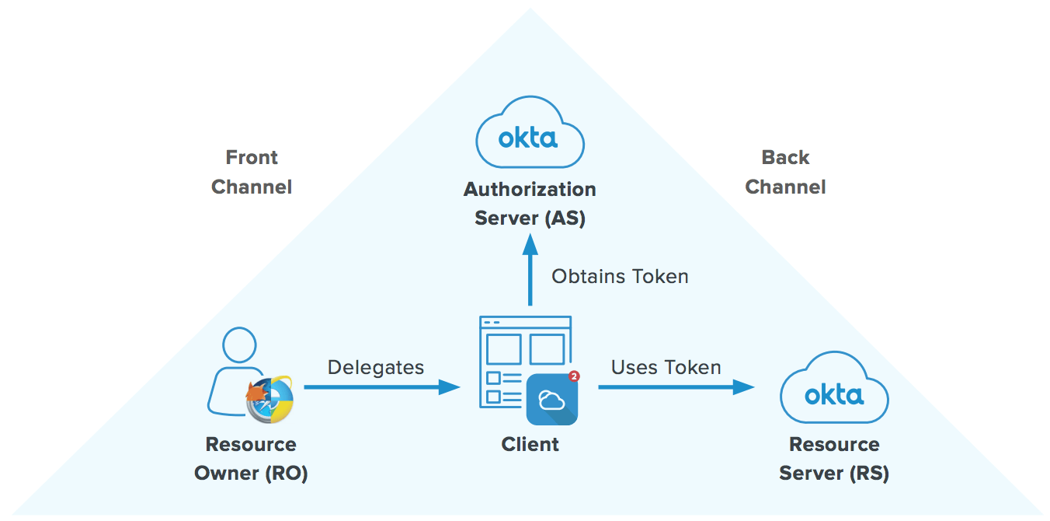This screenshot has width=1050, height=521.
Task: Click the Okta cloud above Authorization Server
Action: point(530,137)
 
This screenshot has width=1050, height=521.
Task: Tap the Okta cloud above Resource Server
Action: point(833,393)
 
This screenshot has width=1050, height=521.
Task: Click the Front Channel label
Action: point(252,172)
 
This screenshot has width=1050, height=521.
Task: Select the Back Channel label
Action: point(785,172)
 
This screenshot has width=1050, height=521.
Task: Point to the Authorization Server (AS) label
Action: point(530,203)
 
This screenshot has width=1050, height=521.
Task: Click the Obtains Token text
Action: point(620,276)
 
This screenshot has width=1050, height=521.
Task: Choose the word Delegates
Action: point(376,367)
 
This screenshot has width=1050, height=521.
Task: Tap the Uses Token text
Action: point(666,367)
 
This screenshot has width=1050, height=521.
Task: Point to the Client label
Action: point(530,445)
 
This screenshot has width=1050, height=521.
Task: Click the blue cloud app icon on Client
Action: point(551,400)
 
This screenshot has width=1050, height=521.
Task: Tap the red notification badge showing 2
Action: point(574,376)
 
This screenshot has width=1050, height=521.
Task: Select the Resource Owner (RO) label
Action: point(251,459)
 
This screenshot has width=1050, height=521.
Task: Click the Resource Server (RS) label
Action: point(834,459)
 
